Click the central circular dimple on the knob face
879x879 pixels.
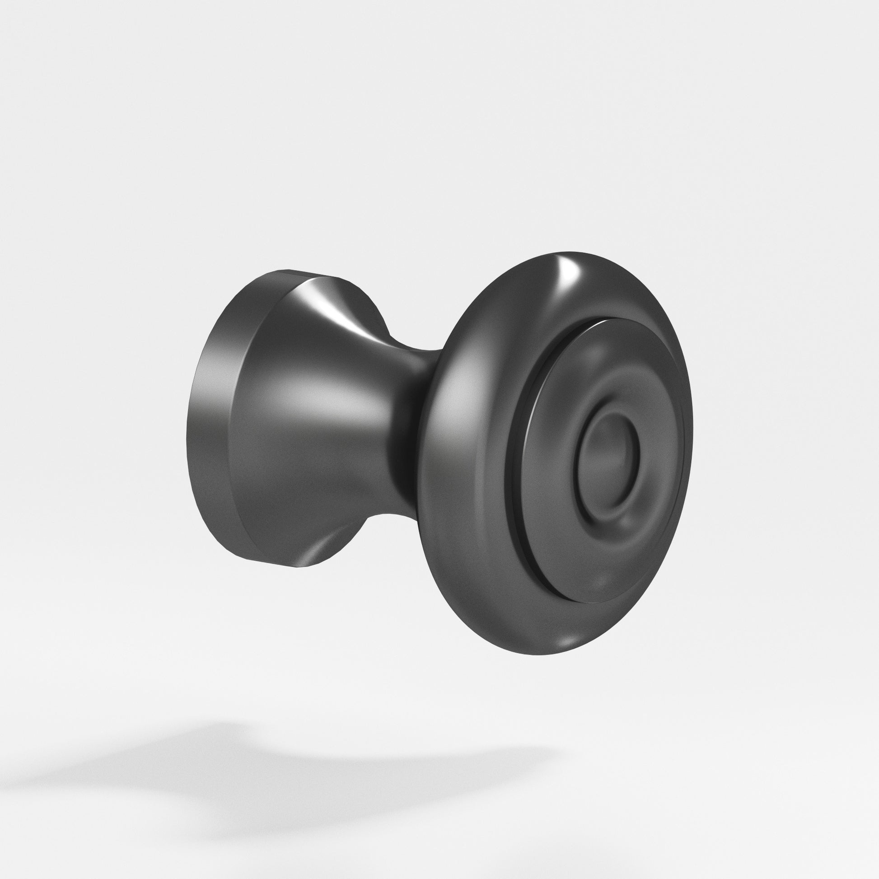coord(607,459)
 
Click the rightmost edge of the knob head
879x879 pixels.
coord(692,437)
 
